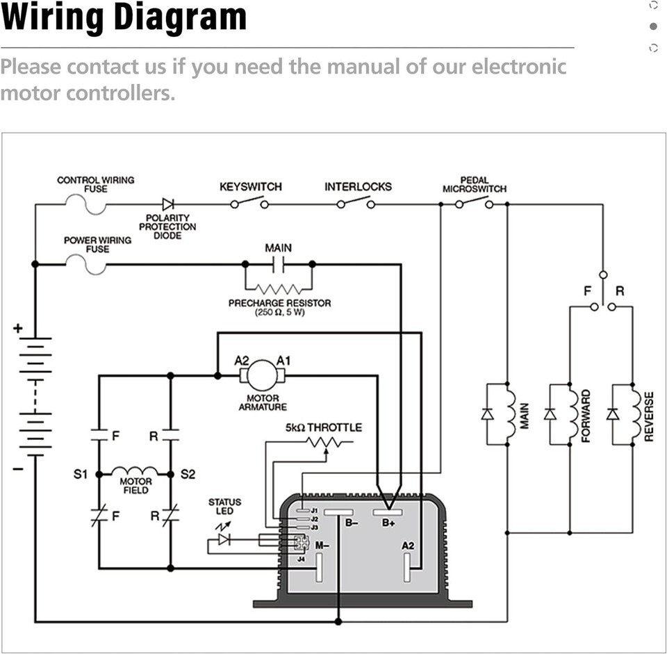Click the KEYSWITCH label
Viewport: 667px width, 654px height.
tap(251, 187)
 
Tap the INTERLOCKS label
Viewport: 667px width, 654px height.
tap(358, 187)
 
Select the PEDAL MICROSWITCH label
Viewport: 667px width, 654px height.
tap(475, 184)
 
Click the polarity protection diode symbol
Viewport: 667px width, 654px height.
tap(168, 204)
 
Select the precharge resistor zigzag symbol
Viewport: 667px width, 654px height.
tap(279, 288)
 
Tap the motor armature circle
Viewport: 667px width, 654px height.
tap(262, 376)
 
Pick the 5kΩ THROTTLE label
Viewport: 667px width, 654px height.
tap(324, 427)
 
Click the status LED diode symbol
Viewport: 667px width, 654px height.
tap(224, 539)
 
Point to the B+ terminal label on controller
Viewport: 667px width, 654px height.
tap(388, 523)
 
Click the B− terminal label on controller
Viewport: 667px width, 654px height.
tap(352, 523)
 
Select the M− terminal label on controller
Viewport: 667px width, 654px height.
tap(322, 546)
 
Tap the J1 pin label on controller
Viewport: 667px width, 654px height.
tap(314, 511)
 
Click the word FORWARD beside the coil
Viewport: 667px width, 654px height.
tap(586, 416)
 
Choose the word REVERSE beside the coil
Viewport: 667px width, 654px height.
tap(649, 416)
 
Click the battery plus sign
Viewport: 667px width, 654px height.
tap(17, 328)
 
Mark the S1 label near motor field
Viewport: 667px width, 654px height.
tap(81, 475)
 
